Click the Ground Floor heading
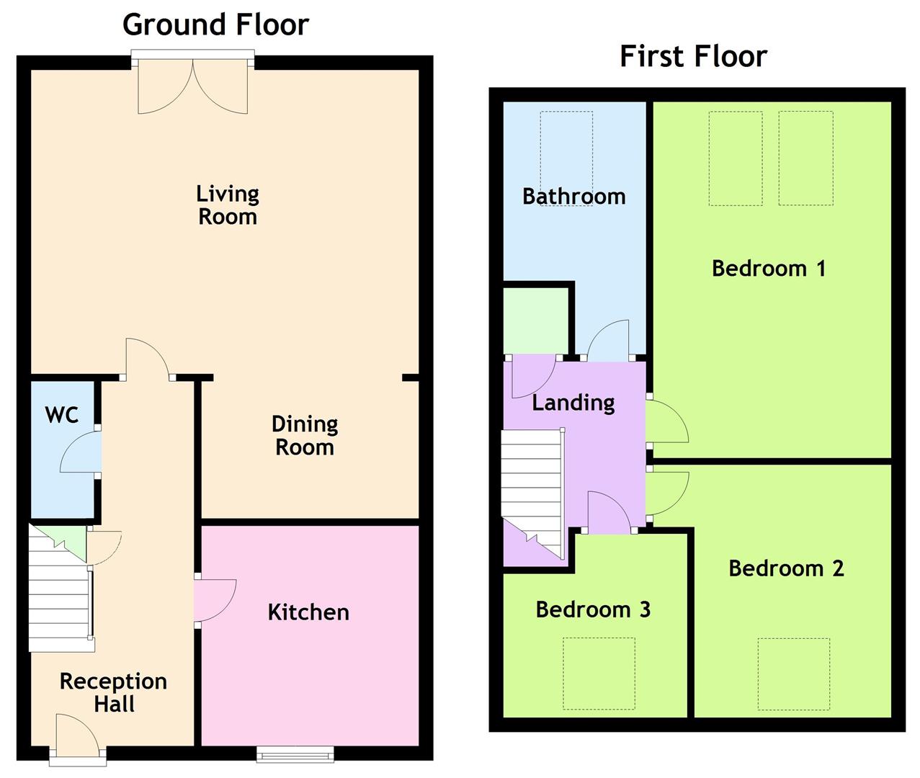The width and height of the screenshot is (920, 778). (215, 24)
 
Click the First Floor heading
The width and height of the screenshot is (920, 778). (693, 56)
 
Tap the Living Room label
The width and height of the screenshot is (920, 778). (228, 205)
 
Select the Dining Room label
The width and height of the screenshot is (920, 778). (305, 435)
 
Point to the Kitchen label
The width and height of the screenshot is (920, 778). (308, 612)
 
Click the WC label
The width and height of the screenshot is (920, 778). (61, 415)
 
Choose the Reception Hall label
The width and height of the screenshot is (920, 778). (113, 692)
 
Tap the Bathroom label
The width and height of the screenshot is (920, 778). (573, 196)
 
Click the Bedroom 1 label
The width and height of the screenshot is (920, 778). (768, 269)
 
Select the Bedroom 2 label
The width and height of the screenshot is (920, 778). (786, 568)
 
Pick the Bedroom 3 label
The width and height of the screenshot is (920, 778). (593, 610)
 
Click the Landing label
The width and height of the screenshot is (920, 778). (573, 402)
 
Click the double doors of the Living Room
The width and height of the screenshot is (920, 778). (192, 86)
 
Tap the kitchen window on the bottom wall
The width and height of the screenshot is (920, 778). (295, 754)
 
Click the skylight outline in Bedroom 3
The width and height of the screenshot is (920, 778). (599, 674)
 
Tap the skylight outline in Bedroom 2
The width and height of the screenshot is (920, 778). (793, 674)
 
